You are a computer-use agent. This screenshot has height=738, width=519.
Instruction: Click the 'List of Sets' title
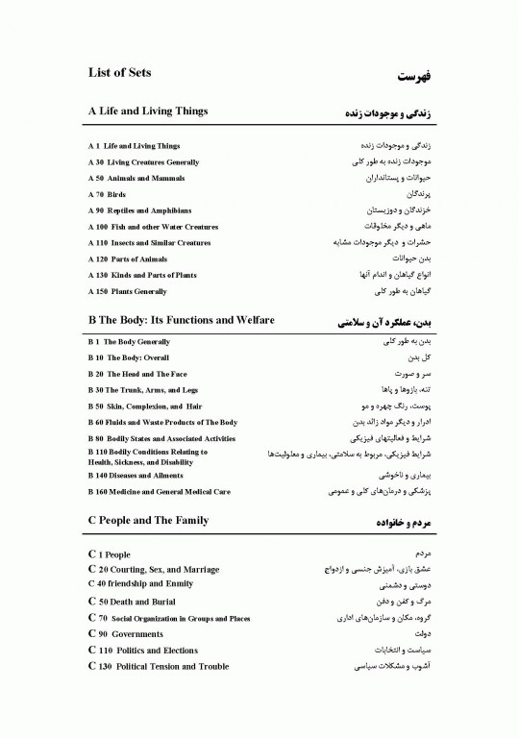pyautogui.click(x=119, y=73)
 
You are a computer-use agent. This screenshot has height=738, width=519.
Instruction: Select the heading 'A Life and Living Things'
pyautogui.click(x=147, y=111)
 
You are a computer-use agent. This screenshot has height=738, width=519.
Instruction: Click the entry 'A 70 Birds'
pyautogui.click(x=107, y=194)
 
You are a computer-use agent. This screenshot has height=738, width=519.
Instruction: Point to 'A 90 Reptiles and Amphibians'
pyautogui.click(x=139, y=210)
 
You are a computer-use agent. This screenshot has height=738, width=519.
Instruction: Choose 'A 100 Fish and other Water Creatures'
pyautogui.click(x=153, y=227)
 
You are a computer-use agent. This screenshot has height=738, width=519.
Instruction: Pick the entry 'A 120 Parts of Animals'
pyautogui.click(x=127, y=259)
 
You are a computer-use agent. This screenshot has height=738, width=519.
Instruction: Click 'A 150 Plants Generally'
pyautogui.click(x=127, y=291)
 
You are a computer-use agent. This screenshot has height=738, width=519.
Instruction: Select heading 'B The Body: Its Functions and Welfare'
pyautogui.click(x=181, y=320)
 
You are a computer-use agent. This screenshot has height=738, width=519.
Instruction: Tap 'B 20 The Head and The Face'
pyautogui.click(x=137, y=374)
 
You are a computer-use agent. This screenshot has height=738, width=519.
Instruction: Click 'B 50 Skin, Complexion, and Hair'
pyautogui.click(x=144, y=406)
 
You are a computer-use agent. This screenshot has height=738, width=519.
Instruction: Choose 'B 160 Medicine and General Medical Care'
pyautogui.click(x=159, y=492)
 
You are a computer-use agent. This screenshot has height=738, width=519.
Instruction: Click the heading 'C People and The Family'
pyautogui.click(x=147, y=521)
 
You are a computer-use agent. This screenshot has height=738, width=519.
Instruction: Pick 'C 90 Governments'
pyautogui.click(x=125, y=634)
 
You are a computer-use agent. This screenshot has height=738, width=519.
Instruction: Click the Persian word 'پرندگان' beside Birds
pyautogui.click(x=414, y=194)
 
